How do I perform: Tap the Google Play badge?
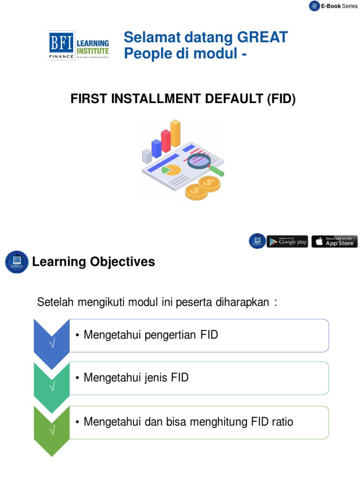coord(287,241)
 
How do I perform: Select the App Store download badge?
coord(334,241)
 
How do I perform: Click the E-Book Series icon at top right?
coord(314,6)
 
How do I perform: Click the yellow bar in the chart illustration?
coord(175,133)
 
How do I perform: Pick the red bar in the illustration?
coord(166,141)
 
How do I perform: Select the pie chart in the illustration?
coord(171,170)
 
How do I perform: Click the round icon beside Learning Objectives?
coord(16,262)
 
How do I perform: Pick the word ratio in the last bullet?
coord(281,421)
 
